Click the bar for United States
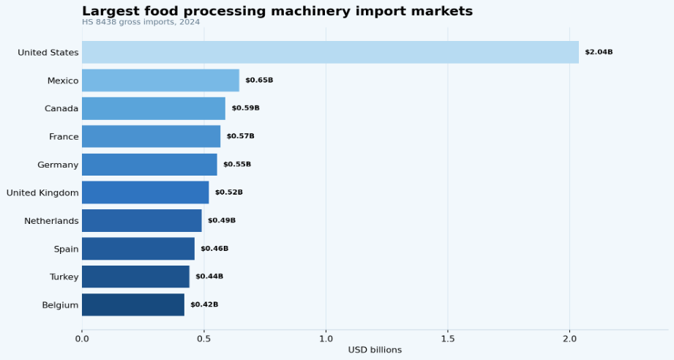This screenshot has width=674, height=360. pos(330,53)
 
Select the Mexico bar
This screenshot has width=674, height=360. pos(160,80)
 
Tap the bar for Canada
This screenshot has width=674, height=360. pos(154,108)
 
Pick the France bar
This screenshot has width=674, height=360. pos(151,137)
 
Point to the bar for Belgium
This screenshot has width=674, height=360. pos(132,305)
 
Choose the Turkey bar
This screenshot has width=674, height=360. pos(135,277)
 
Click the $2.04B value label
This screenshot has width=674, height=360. pos(599,52)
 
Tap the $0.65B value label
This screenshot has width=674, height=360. pos(259,80)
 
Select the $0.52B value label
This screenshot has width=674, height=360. pos(228,192)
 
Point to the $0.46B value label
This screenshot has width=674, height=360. pos(214,249)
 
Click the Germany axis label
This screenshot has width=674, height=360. pos(58,165)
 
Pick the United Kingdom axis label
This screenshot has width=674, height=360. pos(42,193)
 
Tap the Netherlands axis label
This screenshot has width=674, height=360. pos(51,221)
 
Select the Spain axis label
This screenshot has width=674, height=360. pos(66,250)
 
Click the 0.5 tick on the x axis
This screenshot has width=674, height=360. pos(203,338)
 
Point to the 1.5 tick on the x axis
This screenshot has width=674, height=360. pos(448,338)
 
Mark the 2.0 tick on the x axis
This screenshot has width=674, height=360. pos(570,338)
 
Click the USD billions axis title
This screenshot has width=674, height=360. pos(375,350)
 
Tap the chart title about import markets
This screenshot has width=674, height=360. pos(277,11)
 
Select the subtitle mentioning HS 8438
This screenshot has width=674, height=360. pos(141,22)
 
